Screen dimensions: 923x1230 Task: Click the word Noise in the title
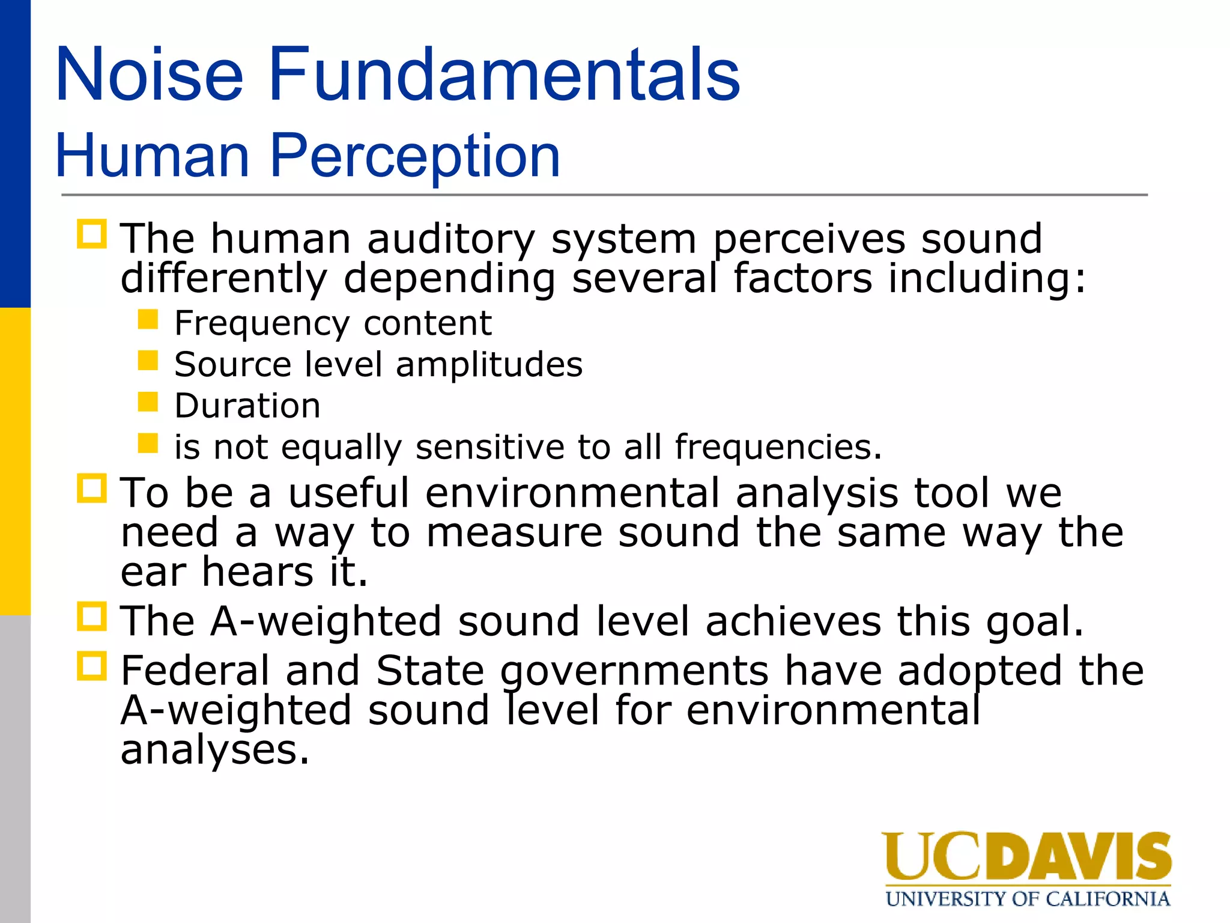149,75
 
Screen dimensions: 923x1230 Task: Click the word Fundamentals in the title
504,75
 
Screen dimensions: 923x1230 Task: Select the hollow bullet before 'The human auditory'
92,234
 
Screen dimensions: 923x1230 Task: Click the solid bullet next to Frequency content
148,319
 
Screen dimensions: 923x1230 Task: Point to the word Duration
247,406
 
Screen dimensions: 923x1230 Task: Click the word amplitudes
489,365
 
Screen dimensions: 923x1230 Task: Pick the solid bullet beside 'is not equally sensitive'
148,443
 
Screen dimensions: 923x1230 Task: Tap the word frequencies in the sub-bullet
778,447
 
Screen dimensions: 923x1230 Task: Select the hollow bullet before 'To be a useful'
92,489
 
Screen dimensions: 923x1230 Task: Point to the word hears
258,571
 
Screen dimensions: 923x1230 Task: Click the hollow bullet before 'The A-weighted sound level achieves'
92,617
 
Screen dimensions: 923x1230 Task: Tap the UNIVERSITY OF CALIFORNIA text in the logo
1028,899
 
